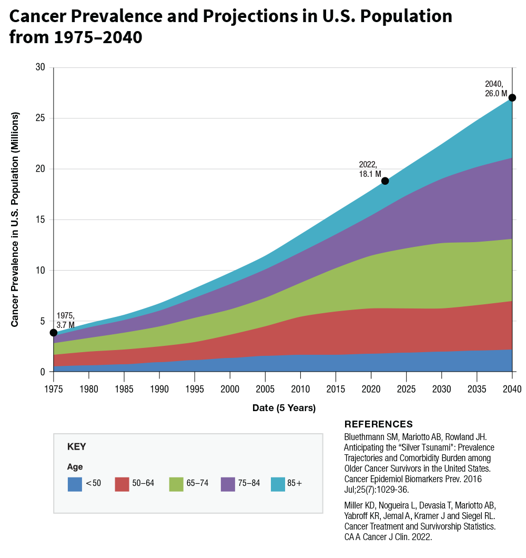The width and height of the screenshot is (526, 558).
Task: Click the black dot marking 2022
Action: [x=385, y=181]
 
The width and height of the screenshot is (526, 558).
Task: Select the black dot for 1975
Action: [x=54, y=333]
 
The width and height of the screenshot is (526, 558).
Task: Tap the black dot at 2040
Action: [x=512, y=97]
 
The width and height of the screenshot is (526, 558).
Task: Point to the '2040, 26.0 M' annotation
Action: [x=495, y=89]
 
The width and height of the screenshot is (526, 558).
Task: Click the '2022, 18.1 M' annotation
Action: [x=370, y=169]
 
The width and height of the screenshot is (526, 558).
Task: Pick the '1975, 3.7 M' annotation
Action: [x=65, y=321]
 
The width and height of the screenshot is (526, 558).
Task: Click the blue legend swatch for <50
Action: [x=75, y=484]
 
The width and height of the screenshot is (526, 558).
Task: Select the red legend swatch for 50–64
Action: [x=122, y=484]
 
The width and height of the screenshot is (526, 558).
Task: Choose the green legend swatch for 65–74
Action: [x=176, y=484]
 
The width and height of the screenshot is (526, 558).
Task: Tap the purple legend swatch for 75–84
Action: [x=228, y=484]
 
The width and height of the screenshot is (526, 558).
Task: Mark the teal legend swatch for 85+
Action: [x=278, y=484]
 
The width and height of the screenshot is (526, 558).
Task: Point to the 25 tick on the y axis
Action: [x=42, y=118]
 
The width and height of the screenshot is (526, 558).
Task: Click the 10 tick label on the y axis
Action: [x=42, y=271]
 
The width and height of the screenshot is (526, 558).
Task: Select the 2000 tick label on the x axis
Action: [x=230, y=390]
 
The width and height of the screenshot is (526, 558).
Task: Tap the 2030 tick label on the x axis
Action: [x=441, y=390]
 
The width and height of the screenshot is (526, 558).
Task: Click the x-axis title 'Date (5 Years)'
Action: [x=284, y=408]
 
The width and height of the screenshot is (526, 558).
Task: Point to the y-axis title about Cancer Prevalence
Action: [x=15, y=220]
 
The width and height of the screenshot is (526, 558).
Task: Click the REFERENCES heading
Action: [x=378, y=424]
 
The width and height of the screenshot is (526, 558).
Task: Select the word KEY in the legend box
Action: [x=77, y=447]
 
